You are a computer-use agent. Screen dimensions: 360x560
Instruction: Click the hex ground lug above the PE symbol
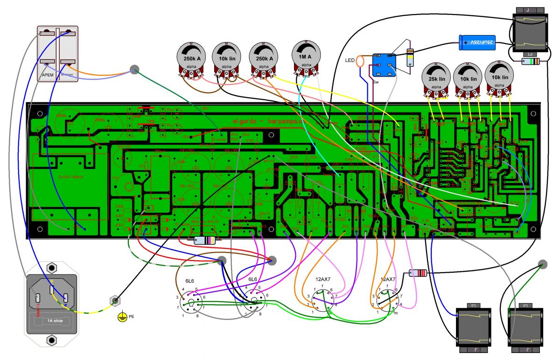pos(114,300)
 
